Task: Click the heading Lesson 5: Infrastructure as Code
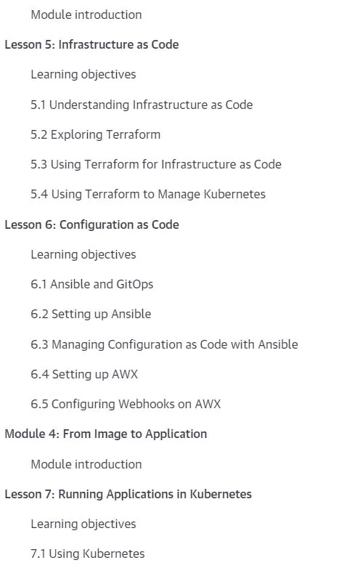click(x=91, y=44)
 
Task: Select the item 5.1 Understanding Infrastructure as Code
click(x=142, y=105)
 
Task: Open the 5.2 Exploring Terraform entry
click(x=96, y=135)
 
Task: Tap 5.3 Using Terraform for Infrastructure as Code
click(x=156, y=164)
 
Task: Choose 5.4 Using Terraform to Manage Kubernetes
click(x=148, y=195)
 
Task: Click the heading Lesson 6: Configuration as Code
click(x=92, y=224)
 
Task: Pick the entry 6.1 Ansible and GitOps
click(x=92, y=284)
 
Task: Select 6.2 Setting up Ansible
click(x=91, y=314)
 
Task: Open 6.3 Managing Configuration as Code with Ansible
click(x=164, y=344)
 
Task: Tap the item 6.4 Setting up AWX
click(x=84, y=374)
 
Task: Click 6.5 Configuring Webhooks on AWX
click(x=126, y=404)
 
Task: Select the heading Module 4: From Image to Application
click(x=106, y=434)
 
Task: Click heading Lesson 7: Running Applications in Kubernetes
click(x=128, y=494)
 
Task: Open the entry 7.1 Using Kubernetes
click(x=88, y=554)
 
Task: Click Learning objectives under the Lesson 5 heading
click(x=83, y=75)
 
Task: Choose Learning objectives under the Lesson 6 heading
click(x=83, y=255)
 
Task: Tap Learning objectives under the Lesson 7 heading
click(x=83, y=524)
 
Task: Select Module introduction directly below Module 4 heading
click(x=86, y=464)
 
